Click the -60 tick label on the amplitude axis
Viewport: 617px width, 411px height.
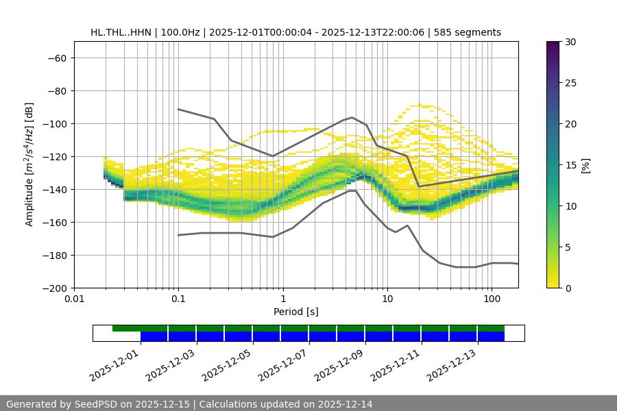pyautogui.click(x=56, y=58)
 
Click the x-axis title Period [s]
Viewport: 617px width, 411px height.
pyautogui.click(x=296, y=312)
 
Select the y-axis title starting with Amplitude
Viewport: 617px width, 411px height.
pyautogui.click(x=29, y=164)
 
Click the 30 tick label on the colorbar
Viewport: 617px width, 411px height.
pyautogui.click(x=570, y=42)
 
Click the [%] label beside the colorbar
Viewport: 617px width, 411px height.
pyautogui.click(x=585, y=165)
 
